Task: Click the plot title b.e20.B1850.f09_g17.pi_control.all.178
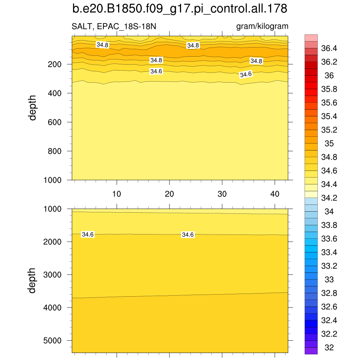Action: coord(180,9)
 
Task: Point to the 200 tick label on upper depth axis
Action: coord(54,64)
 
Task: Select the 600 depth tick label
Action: coord(54,122)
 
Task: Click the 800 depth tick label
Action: coord(54,151)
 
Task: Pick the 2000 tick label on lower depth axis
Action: coord(52,242)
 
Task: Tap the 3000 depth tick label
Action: coord(52,275)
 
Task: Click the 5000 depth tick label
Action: coord(52,341)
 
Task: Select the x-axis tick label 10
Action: coord(117,194)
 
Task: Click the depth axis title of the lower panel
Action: coord(33,281)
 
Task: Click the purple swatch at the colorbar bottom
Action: coord(311,351)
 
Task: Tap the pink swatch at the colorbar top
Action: coord(311,38)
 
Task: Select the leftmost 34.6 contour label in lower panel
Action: coord(88,234)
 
